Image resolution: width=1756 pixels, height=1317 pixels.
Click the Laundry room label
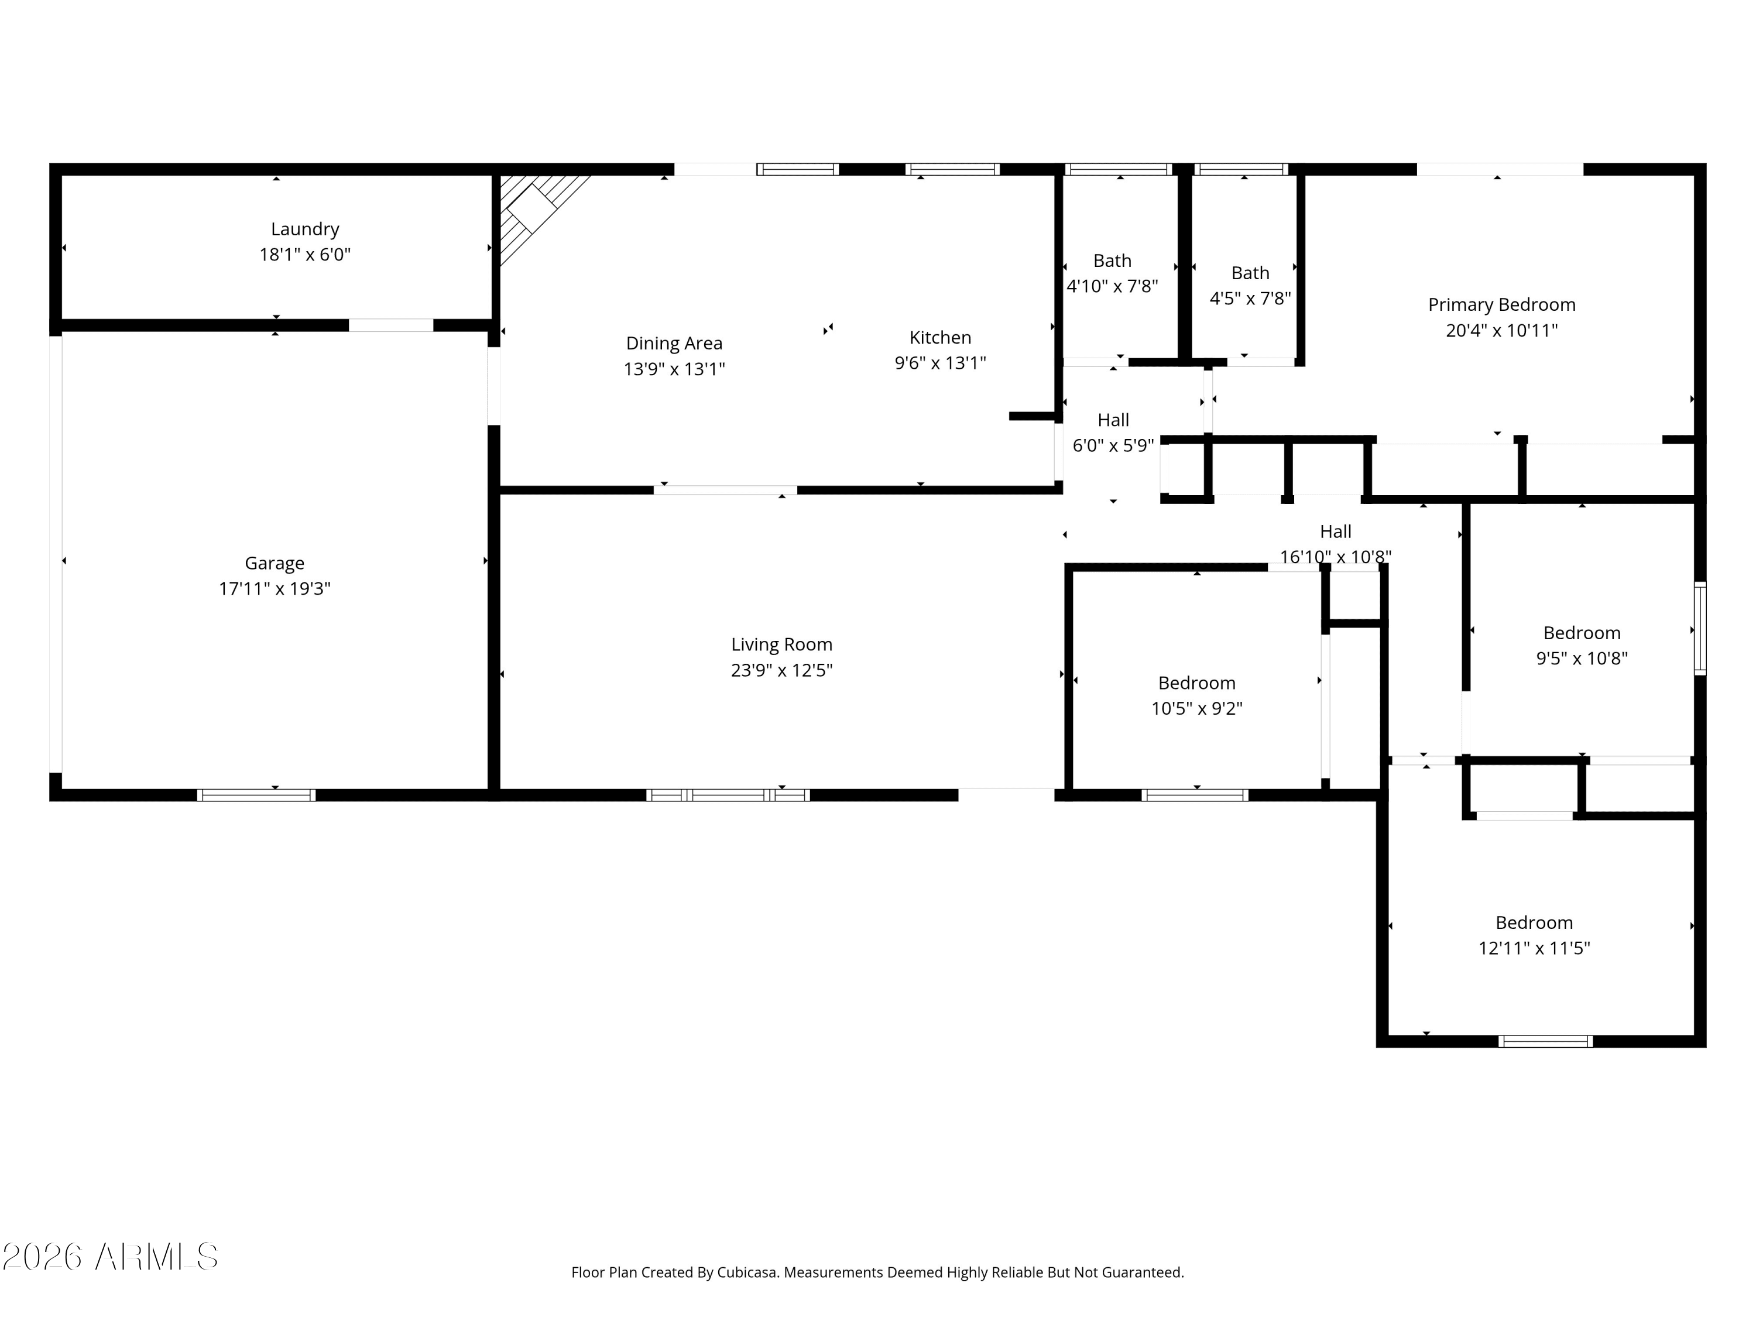(x=305, y=229)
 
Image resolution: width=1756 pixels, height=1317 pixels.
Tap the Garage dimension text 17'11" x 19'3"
(x=275, y=589)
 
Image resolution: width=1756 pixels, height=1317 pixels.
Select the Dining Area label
(x=674, y=344)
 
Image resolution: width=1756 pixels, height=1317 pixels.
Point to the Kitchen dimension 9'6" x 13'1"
(x=940, y=363)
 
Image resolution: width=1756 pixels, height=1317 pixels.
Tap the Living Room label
(x=781, y=644)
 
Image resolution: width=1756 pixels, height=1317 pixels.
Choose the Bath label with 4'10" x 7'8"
(x=1112, y=261)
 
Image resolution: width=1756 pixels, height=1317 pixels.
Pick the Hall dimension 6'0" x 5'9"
(x=1113, y=446)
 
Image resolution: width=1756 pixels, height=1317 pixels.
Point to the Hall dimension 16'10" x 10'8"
(x=1335, y=557)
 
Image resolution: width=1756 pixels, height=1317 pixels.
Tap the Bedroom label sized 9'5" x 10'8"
(x=1582, y=633)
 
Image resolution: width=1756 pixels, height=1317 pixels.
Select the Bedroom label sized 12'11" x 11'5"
(x=1534, y=923)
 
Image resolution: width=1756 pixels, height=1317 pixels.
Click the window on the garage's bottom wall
(x=256, y=795)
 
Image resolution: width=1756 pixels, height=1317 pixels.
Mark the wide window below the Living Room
(x=728, y=795)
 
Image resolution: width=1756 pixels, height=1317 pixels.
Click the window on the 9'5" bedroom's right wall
(x=1700, y=629)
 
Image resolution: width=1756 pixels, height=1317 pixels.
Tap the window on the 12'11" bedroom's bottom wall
(x=1545, y=1041)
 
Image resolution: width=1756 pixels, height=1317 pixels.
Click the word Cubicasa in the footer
(x=746, y=1273)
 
